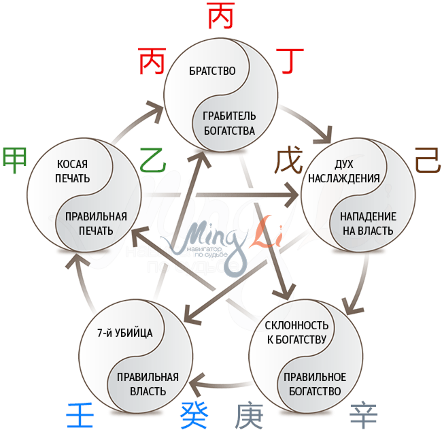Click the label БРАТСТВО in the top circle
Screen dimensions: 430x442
212,71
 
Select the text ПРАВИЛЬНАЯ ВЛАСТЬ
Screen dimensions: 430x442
148,384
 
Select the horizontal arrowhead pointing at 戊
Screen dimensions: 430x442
292,197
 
